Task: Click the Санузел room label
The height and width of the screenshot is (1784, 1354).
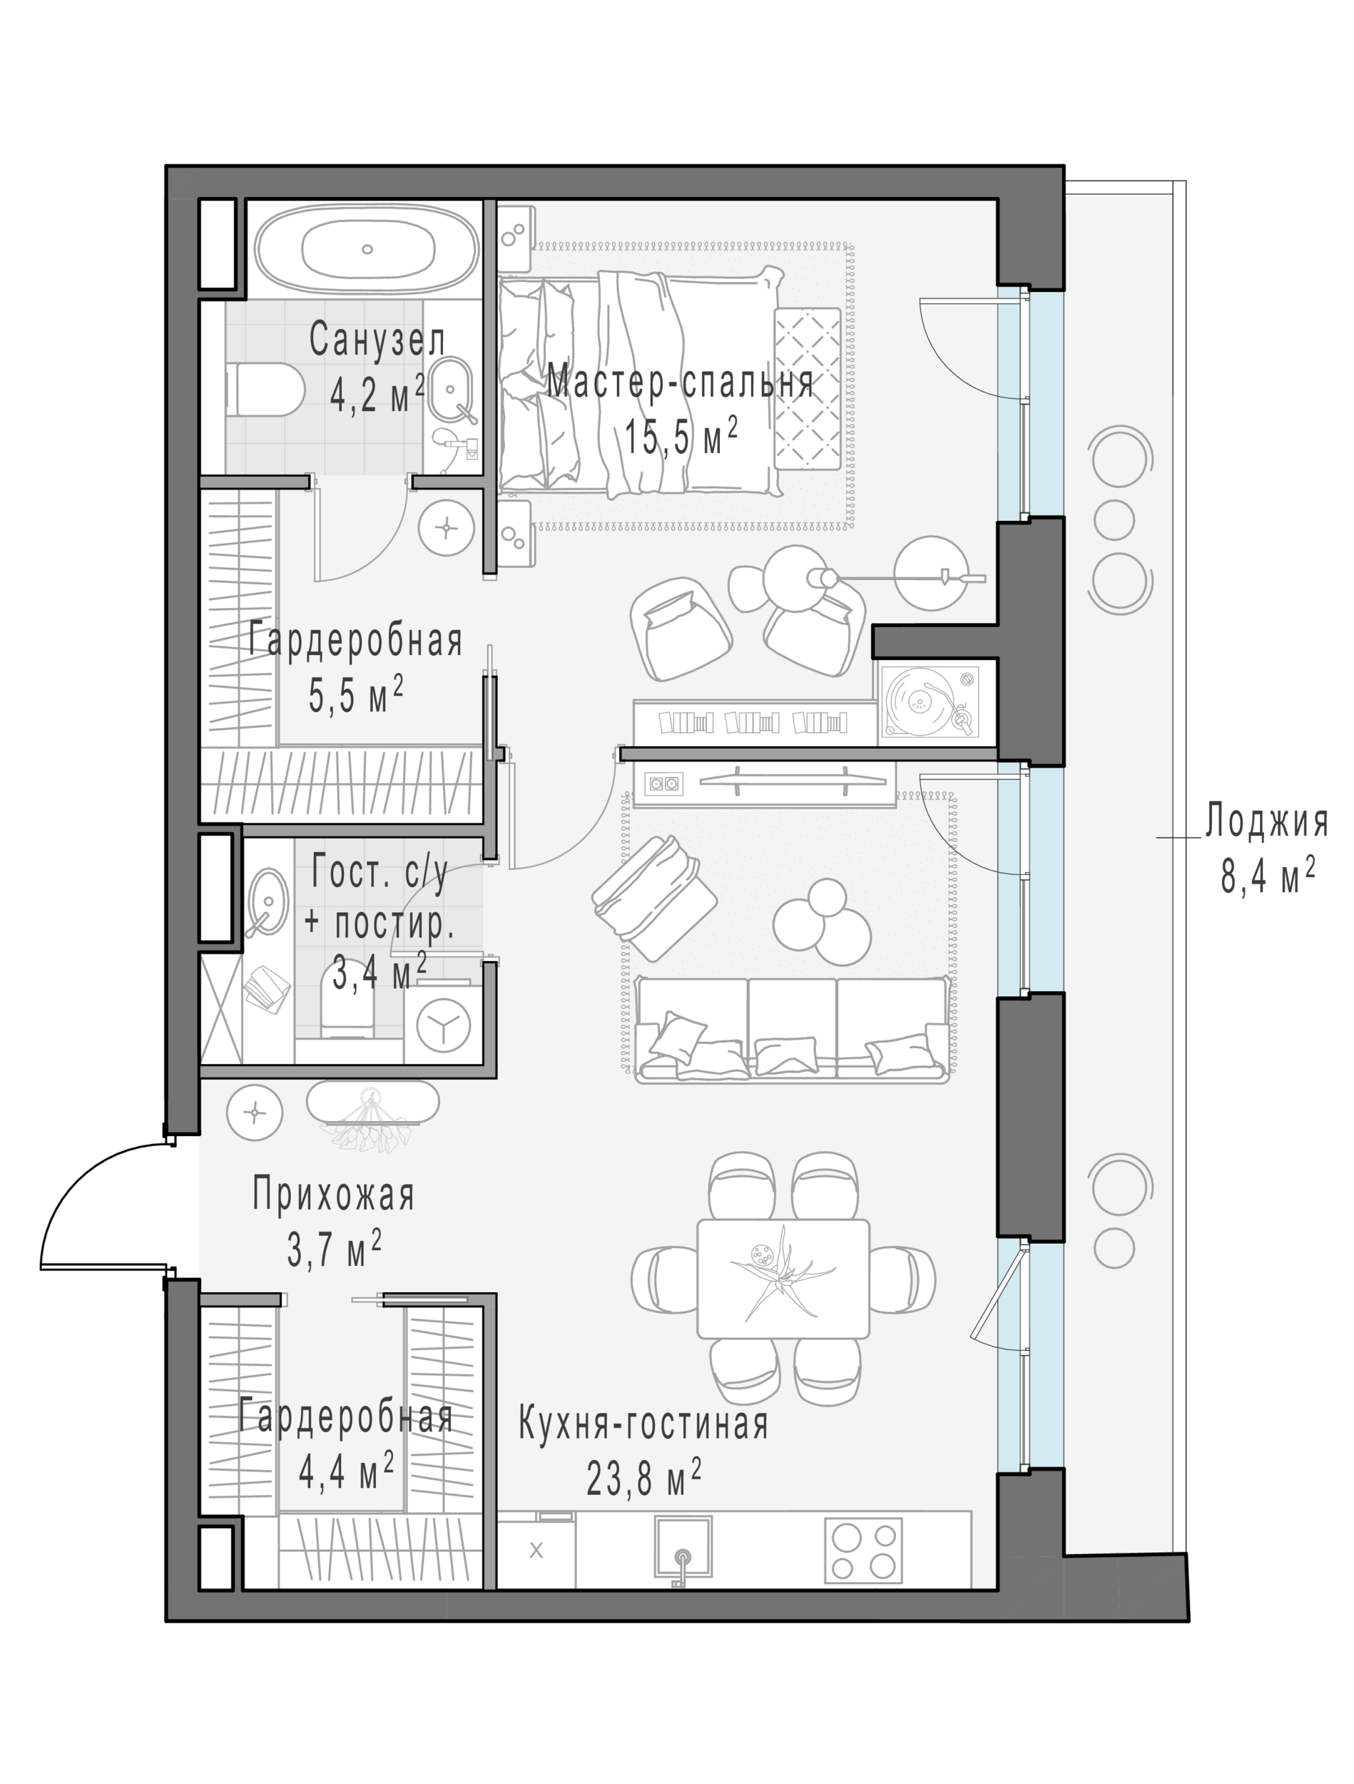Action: [377, 340]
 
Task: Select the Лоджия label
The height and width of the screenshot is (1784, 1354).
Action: [1266, 822]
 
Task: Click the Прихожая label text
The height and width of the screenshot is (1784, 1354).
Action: [333, 1195]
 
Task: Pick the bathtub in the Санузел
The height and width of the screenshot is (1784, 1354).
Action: [367, 250]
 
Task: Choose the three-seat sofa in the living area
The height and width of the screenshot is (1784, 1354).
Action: [792, 1029]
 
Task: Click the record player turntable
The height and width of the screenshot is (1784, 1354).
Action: [928, 701]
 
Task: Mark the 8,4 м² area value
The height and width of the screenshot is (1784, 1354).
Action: [1268, 875]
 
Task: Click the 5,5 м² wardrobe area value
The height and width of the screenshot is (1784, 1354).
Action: [356, 695]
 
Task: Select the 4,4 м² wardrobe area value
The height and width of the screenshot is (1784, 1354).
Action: [346, 1472]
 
